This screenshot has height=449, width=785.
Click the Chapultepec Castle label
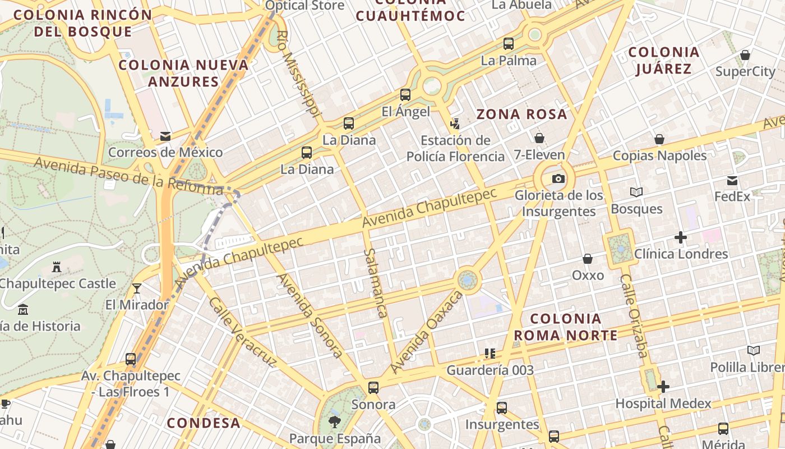57,283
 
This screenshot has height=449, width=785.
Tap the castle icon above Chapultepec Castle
56,267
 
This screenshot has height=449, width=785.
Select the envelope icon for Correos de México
165,136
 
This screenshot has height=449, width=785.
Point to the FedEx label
732,196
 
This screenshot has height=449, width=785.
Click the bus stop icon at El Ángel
405,95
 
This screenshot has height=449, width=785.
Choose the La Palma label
509,60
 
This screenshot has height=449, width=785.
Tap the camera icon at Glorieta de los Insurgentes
558,179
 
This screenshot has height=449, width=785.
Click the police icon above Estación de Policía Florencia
455,123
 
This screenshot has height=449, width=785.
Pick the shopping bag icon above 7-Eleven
539,138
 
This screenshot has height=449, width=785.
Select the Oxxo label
588,275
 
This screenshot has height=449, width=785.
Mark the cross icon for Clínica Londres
681,237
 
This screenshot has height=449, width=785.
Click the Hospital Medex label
663,403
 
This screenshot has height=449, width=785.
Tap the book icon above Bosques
636,193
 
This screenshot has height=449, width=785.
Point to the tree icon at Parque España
335,422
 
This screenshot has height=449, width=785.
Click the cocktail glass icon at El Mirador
136,288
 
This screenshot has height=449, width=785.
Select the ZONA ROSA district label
521,114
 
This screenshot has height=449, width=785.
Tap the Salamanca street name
375,283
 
